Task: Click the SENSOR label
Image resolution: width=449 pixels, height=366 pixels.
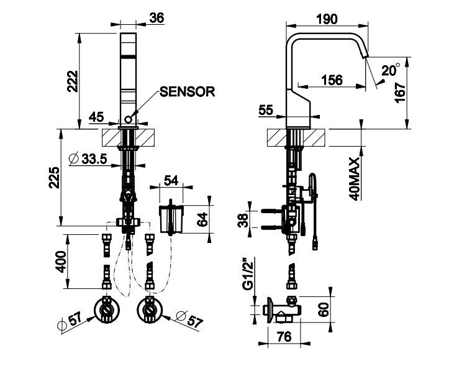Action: coord(187,93)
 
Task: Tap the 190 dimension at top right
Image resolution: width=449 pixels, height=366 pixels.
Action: coord(326,18)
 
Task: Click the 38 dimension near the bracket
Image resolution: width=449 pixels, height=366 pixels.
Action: coord(243,219)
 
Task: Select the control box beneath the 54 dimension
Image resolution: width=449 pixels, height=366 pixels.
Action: coord(172,218)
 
